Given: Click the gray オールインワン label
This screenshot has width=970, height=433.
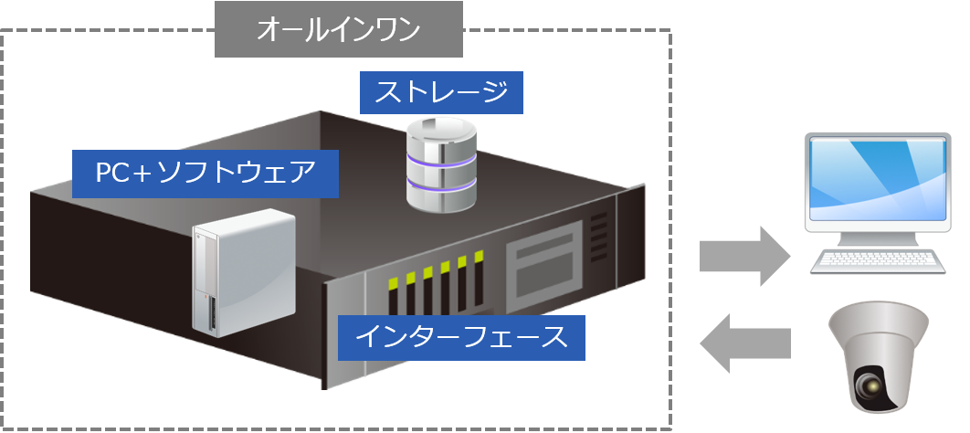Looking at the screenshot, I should [339, 29].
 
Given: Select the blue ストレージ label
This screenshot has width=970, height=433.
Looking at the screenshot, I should [441, 92].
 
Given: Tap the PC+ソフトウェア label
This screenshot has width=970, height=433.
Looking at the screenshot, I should [206, 173].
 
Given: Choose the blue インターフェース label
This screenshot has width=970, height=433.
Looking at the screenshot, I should [460, 337].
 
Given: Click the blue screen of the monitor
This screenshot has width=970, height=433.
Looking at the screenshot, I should [874, 184].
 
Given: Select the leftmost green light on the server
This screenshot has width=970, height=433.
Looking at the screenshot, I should [394, 283].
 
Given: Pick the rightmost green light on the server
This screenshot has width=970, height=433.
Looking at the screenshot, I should [476, 258].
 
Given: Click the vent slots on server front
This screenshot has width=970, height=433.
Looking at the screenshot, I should [598, 239].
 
